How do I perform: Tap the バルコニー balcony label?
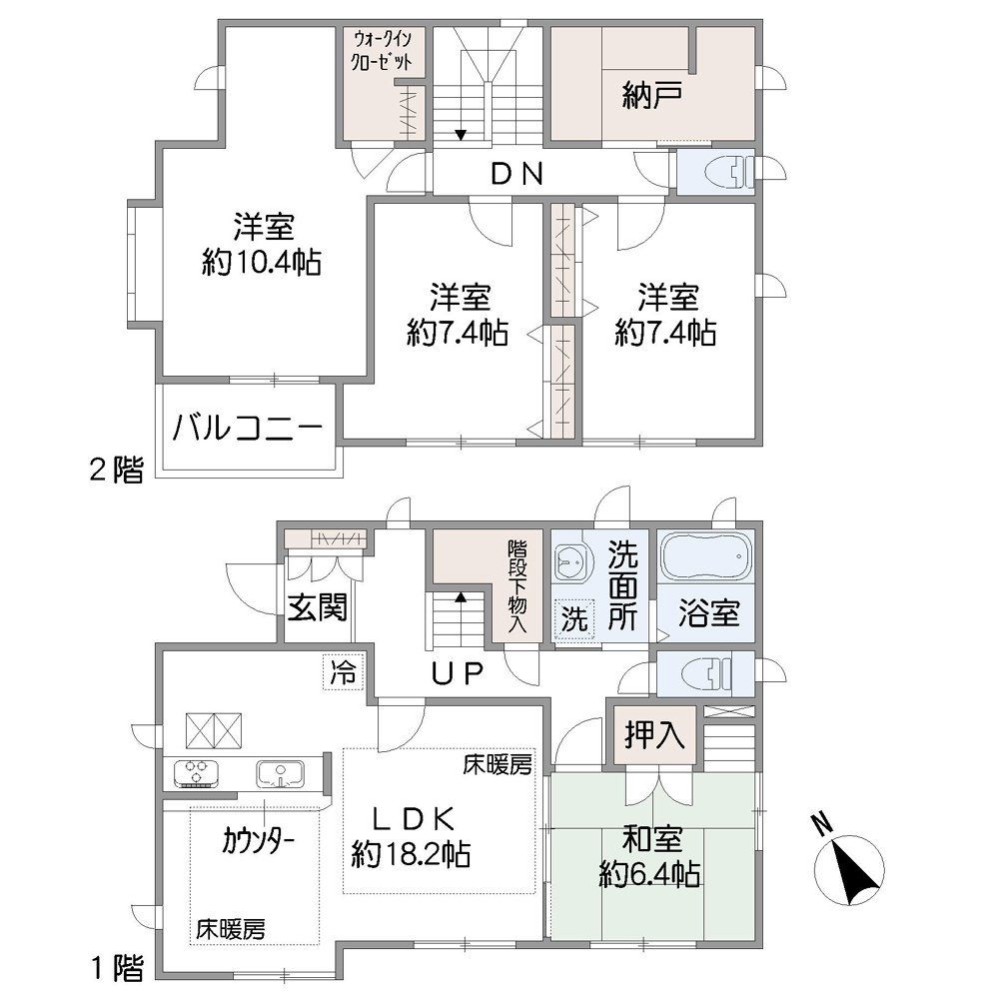249,430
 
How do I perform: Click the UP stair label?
458,674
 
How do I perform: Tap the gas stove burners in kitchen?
198,772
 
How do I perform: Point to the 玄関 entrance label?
318,606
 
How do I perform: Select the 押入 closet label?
653,736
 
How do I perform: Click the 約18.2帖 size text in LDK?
411,855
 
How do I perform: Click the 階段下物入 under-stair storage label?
517,585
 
